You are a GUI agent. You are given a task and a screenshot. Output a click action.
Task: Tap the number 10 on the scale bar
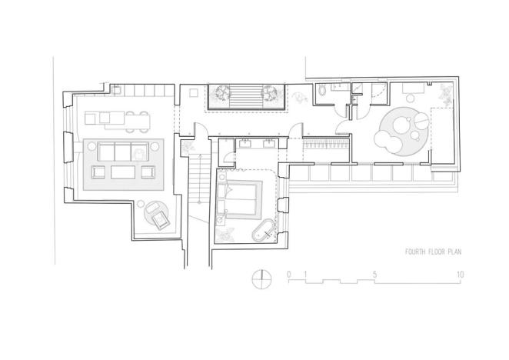[x=459, y=275]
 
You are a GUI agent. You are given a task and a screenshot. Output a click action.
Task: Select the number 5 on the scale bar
[x=374, y=275]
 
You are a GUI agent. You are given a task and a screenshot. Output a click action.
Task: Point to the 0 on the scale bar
[x=288, y=275]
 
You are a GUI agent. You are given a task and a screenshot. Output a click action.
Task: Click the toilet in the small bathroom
[x=321, y=93]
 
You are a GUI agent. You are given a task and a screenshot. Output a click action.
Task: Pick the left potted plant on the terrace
[x=220, y=95]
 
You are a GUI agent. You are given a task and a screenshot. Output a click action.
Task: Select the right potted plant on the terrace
[x=271, y=95]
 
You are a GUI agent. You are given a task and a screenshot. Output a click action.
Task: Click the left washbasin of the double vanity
[x=248, y=142]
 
